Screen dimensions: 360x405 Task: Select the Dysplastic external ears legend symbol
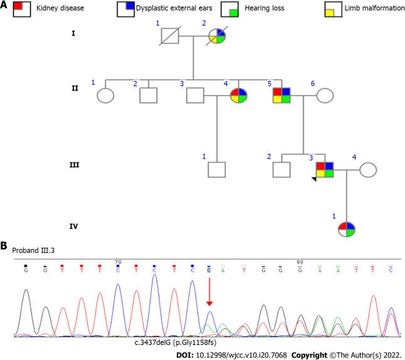pyautogui.click(x=125, y=11)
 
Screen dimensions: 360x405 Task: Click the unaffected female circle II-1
pyautogui.click(x=105, y=95)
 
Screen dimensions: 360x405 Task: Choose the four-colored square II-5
pyautogui.click(x=281, y=95)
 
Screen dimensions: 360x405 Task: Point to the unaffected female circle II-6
pyautogui.click(x=325, y=95)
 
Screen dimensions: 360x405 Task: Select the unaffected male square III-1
pyautogui.click(x=216, y=170)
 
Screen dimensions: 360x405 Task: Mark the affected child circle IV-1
pyautogui.click(x=346, y=230)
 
